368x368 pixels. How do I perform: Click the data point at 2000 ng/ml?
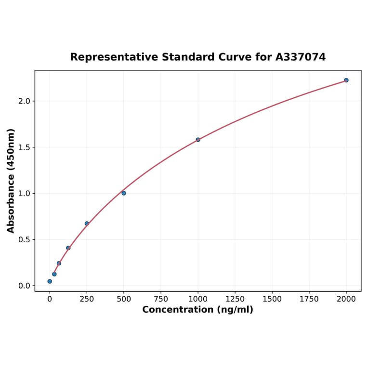click(346, 80)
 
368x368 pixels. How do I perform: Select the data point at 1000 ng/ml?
click(198, 140)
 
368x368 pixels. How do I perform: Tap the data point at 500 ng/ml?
click(124, 193)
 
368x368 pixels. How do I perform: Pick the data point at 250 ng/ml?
click(87, 223)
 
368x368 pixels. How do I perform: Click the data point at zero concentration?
click(50, 281)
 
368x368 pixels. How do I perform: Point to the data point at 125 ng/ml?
click(68, 248)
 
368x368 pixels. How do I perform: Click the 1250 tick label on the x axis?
click(235, 299)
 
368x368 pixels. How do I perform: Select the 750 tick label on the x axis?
click(161, 299)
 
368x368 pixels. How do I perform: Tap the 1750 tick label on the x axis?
click(309, 299)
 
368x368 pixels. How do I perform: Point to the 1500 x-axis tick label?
click(272, 299)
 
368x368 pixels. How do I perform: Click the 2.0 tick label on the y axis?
click(24, 101)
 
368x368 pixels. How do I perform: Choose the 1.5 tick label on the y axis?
click(24, 147)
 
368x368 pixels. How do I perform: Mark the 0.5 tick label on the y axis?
click(24, 240)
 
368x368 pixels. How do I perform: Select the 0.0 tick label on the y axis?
click(24, 286)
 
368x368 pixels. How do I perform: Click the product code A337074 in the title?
click(301, 57)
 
